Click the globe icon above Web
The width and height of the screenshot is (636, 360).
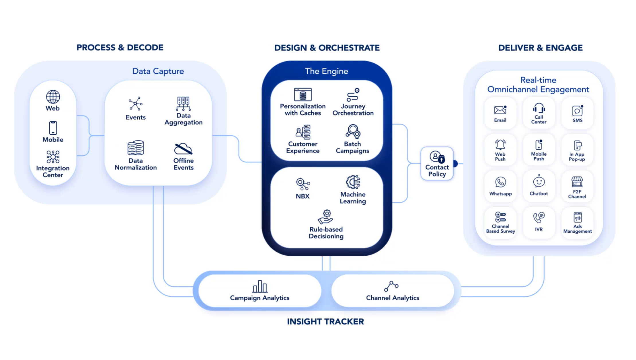[x=53, y=97]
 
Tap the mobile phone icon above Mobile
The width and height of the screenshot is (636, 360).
[x=53, y=128]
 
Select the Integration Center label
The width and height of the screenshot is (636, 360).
[x=53, y=171]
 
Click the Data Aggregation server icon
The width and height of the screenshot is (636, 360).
[x=183, y=103]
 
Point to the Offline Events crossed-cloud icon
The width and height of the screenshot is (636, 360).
[x=183, y=149]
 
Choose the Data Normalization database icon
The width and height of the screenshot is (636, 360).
[x=136, y=148]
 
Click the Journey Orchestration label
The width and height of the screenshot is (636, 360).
[x=353, y=109]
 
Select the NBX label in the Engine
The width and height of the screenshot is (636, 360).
[x=303, y=196]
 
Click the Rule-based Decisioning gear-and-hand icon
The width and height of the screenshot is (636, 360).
[x=325, y=217]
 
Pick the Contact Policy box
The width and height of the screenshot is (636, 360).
[x=437, y=163]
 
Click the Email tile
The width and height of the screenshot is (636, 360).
[x=500, y=113]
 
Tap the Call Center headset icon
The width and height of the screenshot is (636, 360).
[x=539, y=108]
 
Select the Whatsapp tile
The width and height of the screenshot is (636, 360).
[x=500, y=186]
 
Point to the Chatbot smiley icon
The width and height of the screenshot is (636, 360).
[x=539, y=181]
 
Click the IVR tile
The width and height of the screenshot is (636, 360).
[x=539, y=223]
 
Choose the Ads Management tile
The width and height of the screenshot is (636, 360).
[x=578, y=223]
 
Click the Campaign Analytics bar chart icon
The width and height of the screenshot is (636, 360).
[x=260, y=286]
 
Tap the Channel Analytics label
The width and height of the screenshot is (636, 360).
[x=393, y=298]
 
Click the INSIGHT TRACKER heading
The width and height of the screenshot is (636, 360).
[x=325, y=322]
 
